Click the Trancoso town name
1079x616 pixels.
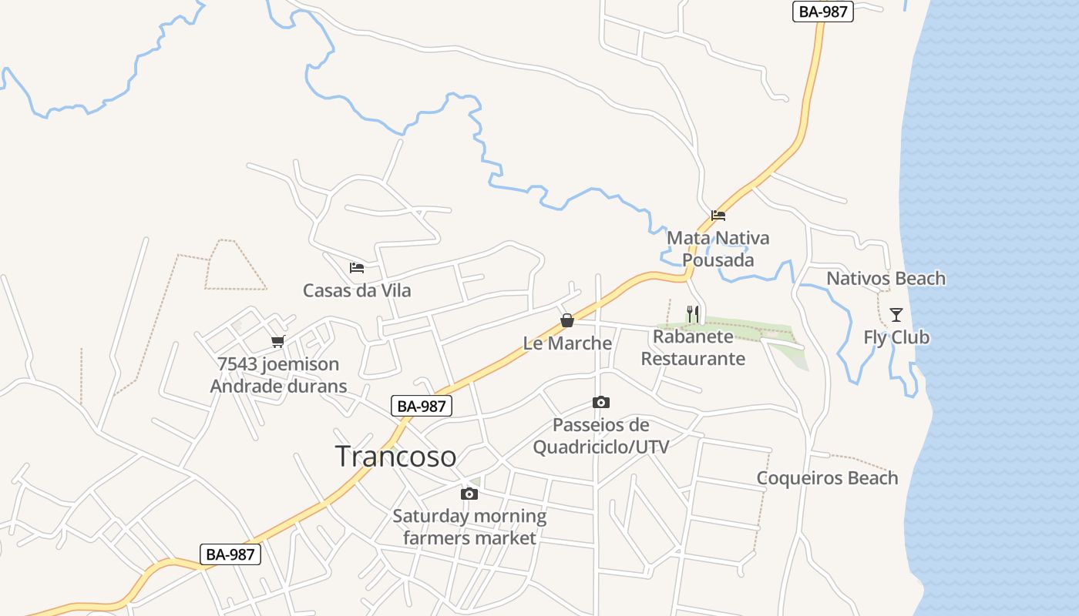click(395, 456)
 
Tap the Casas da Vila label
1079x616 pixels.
click(357, 290)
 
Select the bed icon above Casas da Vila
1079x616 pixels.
click(356, 268)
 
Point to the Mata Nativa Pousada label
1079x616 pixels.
click(718, 249)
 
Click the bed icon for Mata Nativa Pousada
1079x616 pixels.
click(718, 216)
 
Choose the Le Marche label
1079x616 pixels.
click(567, 343)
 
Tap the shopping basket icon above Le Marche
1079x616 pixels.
click(567, 320)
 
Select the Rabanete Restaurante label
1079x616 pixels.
click(693, 347)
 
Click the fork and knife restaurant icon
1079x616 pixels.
click(693, 314)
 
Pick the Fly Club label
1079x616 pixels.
click(896, 337)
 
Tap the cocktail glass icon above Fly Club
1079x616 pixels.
click(896, 314)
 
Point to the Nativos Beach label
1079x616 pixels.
click(886, 278)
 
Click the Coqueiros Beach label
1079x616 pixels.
click(827, 477)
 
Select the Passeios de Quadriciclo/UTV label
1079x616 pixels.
click(601, 436)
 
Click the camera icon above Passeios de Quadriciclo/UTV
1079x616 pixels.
click(601, 402)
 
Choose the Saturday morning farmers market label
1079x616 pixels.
click(469, 527)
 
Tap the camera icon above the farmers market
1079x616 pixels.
click(469, 494)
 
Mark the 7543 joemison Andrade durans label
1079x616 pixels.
click(278, 375)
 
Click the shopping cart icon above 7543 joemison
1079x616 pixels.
click(277, 341)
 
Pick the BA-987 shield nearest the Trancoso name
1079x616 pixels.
click(421, 407)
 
